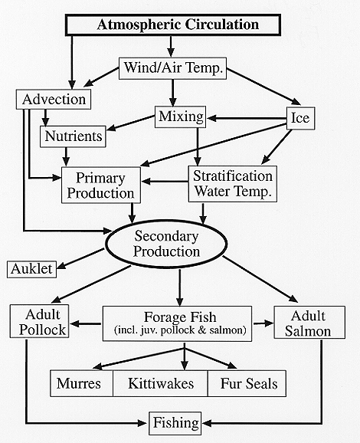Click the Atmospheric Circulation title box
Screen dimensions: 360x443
173,25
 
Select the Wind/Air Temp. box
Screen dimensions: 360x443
172,68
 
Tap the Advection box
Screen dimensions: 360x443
54,99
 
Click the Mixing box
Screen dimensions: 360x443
181,116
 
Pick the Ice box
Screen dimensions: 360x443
300,118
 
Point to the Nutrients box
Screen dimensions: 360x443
73,136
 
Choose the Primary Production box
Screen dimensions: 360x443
101,185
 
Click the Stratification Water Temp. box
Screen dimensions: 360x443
233,184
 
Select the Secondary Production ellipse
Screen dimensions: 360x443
166,244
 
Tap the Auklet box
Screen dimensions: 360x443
31,270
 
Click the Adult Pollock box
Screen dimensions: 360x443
39,321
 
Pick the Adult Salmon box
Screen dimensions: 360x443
309,322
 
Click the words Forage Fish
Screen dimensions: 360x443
180,317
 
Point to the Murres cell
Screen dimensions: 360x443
82,383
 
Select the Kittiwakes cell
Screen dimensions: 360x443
160,383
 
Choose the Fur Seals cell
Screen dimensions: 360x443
247,383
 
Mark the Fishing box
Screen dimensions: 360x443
175,423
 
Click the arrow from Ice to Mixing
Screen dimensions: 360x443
247,118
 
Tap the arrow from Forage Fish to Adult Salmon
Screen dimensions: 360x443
263,323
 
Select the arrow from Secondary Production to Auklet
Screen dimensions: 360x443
80,258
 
